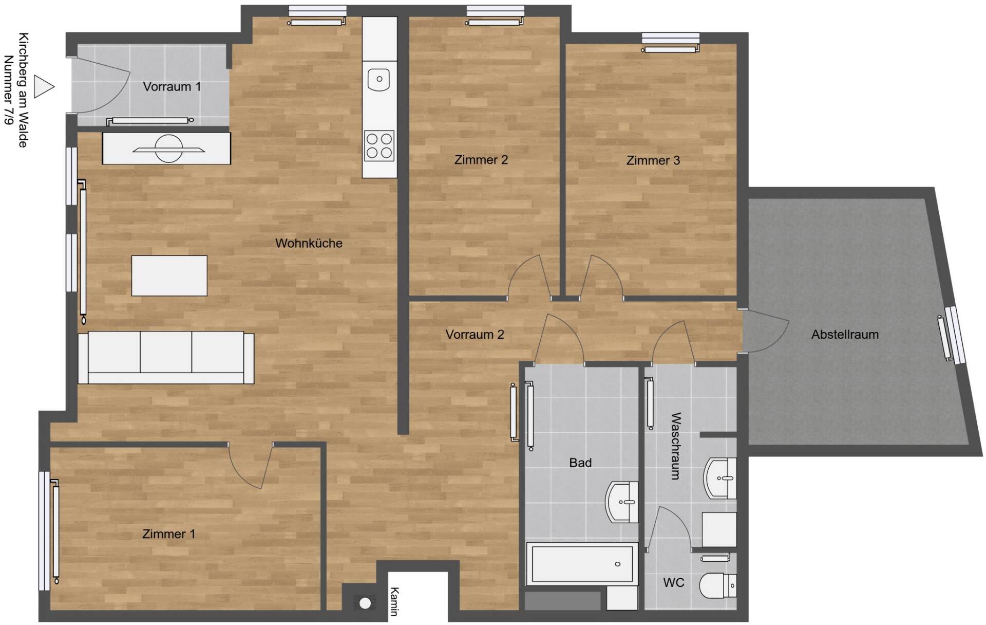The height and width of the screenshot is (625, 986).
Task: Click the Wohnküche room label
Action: [309, 243]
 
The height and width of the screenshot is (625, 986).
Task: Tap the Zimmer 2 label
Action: [481, 160]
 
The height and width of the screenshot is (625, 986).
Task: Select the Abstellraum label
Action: [845, 335]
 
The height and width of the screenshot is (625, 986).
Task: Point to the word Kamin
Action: [394, 601]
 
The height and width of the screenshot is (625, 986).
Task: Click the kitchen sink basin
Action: [379, 79]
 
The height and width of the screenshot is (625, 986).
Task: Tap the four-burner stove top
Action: [379, 146]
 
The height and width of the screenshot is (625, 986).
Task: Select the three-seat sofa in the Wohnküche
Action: [166, 358]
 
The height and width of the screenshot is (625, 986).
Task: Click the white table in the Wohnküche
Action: [169, 275]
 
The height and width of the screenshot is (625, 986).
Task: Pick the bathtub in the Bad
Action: [582, 564]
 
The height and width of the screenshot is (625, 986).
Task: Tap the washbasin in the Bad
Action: [622, 502]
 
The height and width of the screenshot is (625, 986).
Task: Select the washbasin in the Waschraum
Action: [720, 478]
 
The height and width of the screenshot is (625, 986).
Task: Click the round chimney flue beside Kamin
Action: [365, 603]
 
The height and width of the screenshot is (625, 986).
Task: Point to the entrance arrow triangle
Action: [43, 86]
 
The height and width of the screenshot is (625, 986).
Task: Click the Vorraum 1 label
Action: [172, 87]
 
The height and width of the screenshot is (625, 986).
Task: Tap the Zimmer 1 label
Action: [169, 534]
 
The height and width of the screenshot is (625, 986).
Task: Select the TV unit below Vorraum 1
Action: [166, 149]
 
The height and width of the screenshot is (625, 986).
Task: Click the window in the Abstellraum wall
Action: [955, 335]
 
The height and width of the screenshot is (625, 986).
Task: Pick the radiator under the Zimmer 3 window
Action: [670, 49]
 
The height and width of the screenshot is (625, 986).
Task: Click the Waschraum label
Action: [676, 446]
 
